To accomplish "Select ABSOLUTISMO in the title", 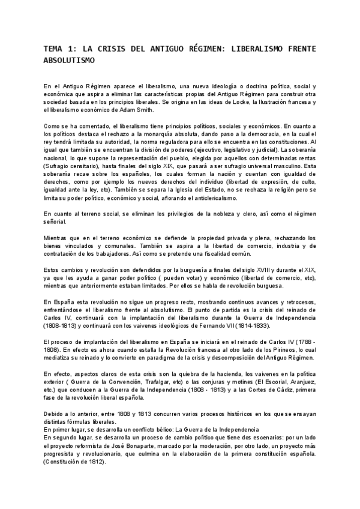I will click(x=70, y=61).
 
